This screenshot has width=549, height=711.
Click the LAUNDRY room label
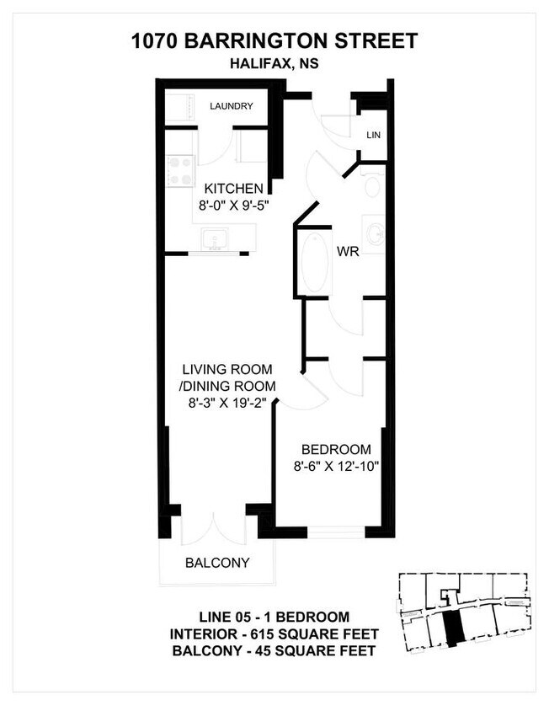[x=232, y=106]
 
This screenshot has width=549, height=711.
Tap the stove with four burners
[x=181, y=171]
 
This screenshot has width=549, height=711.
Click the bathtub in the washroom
[x=315, y=263]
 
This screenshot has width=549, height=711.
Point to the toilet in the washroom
[x=372, y=184]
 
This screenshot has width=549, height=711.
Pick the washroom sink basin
[x=375, y=234]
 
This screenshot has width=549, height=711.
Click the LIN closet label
[x=374, y=135]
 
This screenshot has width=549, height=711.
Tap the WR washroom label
[x=348, y=251]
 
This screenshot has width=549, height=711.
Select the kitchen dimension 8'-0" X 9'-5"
[x=234, y=206]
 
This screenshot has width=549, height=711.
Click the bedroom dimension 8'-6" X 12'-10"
[x=336, y=466]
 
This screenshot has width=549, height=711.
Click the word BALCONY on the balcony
[x=217, y=563]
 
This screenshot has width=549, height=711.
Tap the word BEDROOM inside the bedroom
[x=336, y=449]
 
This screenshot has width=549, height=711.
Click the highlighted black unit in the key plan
[x=452, y=628]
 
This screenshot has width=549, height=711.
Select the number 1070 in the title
[x=155, y=40]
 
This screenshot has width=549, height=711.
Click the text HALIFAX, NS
[x=274, y=63]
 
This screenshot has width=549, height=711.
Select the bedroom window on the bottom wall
[x=336, y=532]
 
